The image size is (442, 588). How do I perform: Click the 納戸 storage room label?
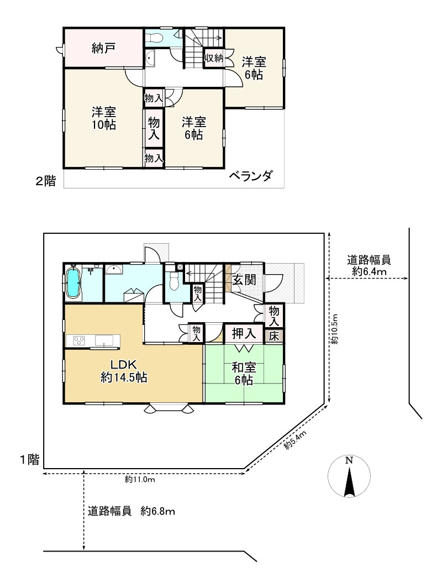103,48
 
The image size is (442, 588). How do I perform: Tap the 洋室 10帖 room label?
103,118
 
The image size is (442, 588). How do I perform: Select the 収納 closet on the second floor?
214,57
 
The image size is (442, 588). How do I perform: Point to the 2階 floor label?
46,181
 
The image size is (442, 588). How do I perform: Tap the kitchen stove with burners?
77,340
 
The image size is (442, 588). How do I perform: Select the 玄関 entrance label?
244,280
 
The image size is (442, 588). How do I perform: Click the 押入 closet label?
243,333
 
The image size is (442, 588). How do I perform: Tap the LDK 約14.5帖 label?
123,371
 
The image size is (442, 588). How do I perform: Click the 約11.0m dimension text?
139,480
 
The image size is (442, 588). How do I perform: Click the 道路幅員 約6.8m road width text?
131,511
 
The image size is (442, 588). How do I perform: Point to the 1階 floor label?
30,459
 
